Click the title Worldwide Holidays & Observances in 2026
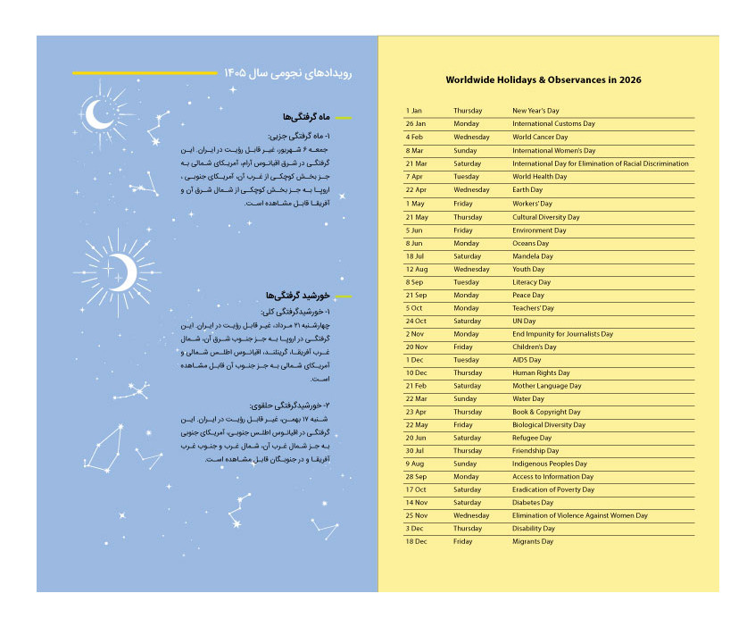[x=543, y=80]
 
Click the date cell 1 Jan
[x=414, y=111]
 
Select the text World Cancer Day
[x=539, y=138]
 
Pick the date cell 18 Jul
[x=415, y=256]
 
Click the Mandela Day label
[x=532, y=256]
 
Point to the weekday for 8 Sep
[x=466, y=282]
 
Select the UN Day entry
[x=524, y=322]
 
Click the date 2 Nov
[x=415, y=334]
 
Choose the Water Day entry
[x=527, y=399]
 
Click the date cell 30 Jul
[x=415, y=451]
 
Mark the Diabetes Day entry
[x=532, y=503]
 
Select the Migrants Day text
[x=533, y=541]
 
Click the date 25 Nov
[x=417, y=515]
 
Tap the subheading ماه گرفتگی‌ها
[x=307, y=118]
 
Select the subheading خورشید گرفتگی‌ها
[x=298, y=296]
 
